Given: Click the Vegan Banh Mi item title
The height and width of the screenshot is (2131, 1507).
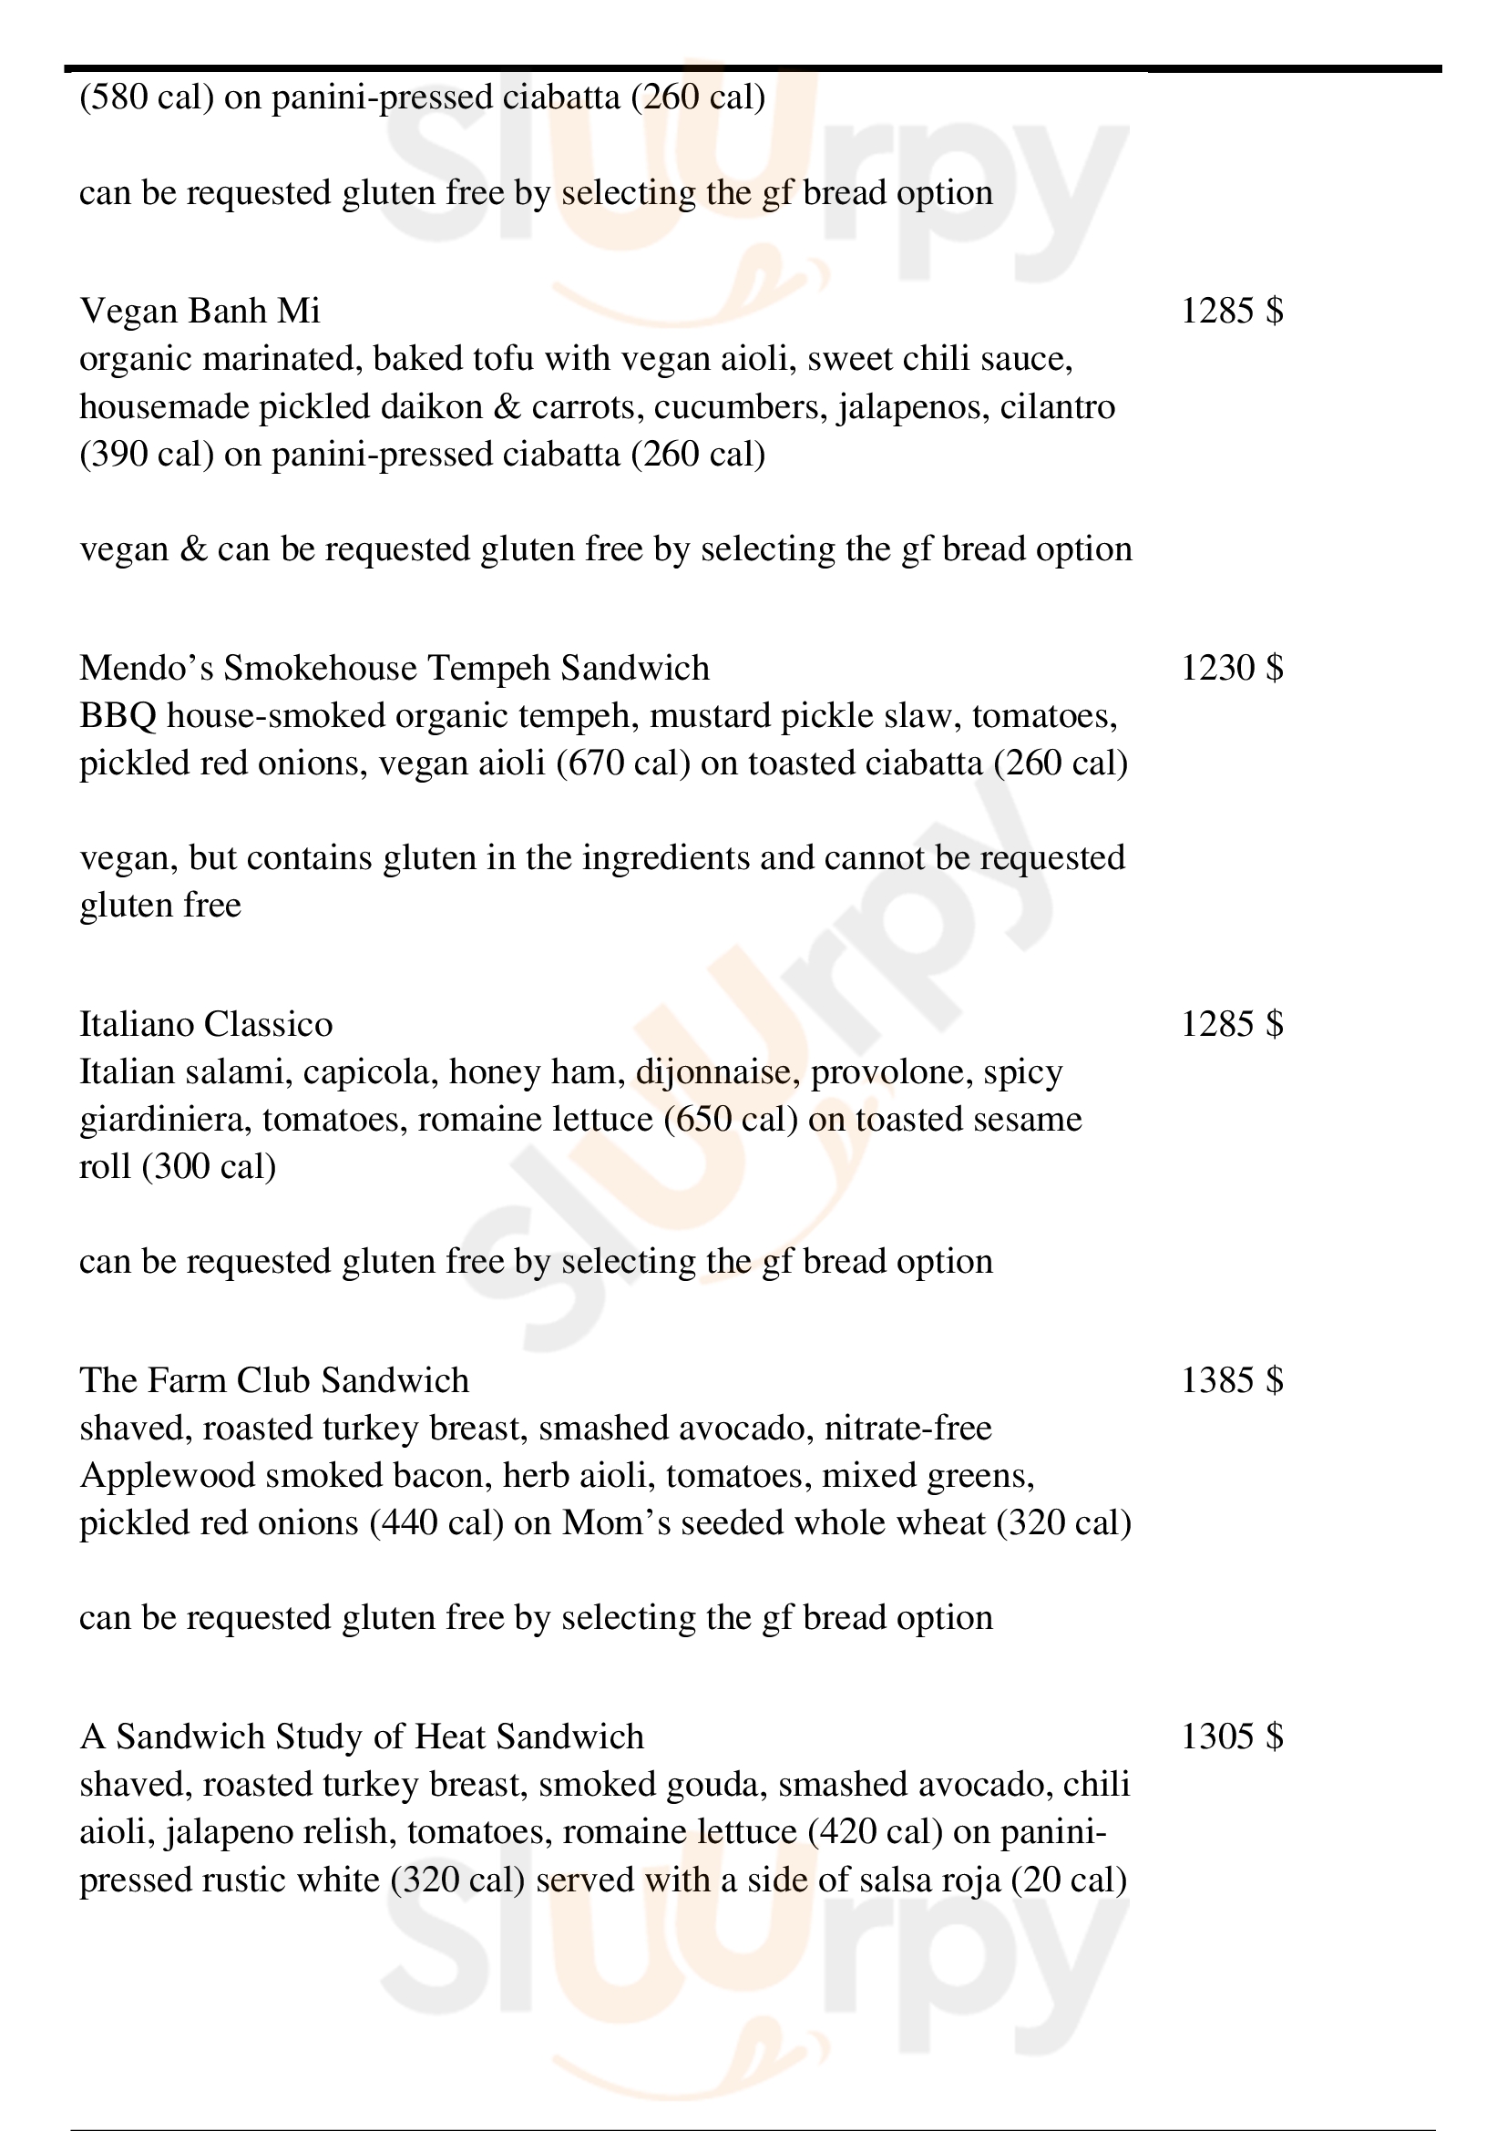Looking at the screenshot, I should pos(200,311).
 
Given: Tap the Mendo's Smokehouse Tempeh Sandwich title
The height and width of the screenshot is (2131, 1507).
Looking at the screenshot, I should pos(395,668).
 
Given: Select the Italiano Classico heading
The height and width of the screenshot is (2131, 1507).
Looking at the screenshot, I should pos(206,1025).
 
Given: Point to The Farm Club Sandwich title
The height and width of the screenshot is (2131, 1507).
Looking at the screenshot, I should pos(273,1381).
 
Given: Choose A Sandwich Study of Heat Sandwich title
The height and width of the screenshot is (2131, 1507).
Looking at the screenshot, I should pos(362,1737).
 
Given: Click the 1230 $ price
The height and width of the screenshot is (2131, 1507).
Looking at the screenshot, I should pos(1232,668).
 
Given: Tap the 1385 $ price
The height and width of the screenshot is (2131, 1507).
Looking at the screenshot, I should pos(1232,1381).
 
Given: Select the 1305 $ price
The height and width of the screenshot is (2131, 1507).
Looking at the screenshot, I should pos(1232,1737).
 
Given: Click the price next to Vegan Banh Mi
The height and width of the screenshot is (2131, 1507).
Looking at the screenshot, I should pos(1232,311).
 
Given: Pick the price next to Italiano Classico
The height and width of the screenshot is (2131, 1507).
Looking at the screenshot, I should pos(1232,1025).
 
